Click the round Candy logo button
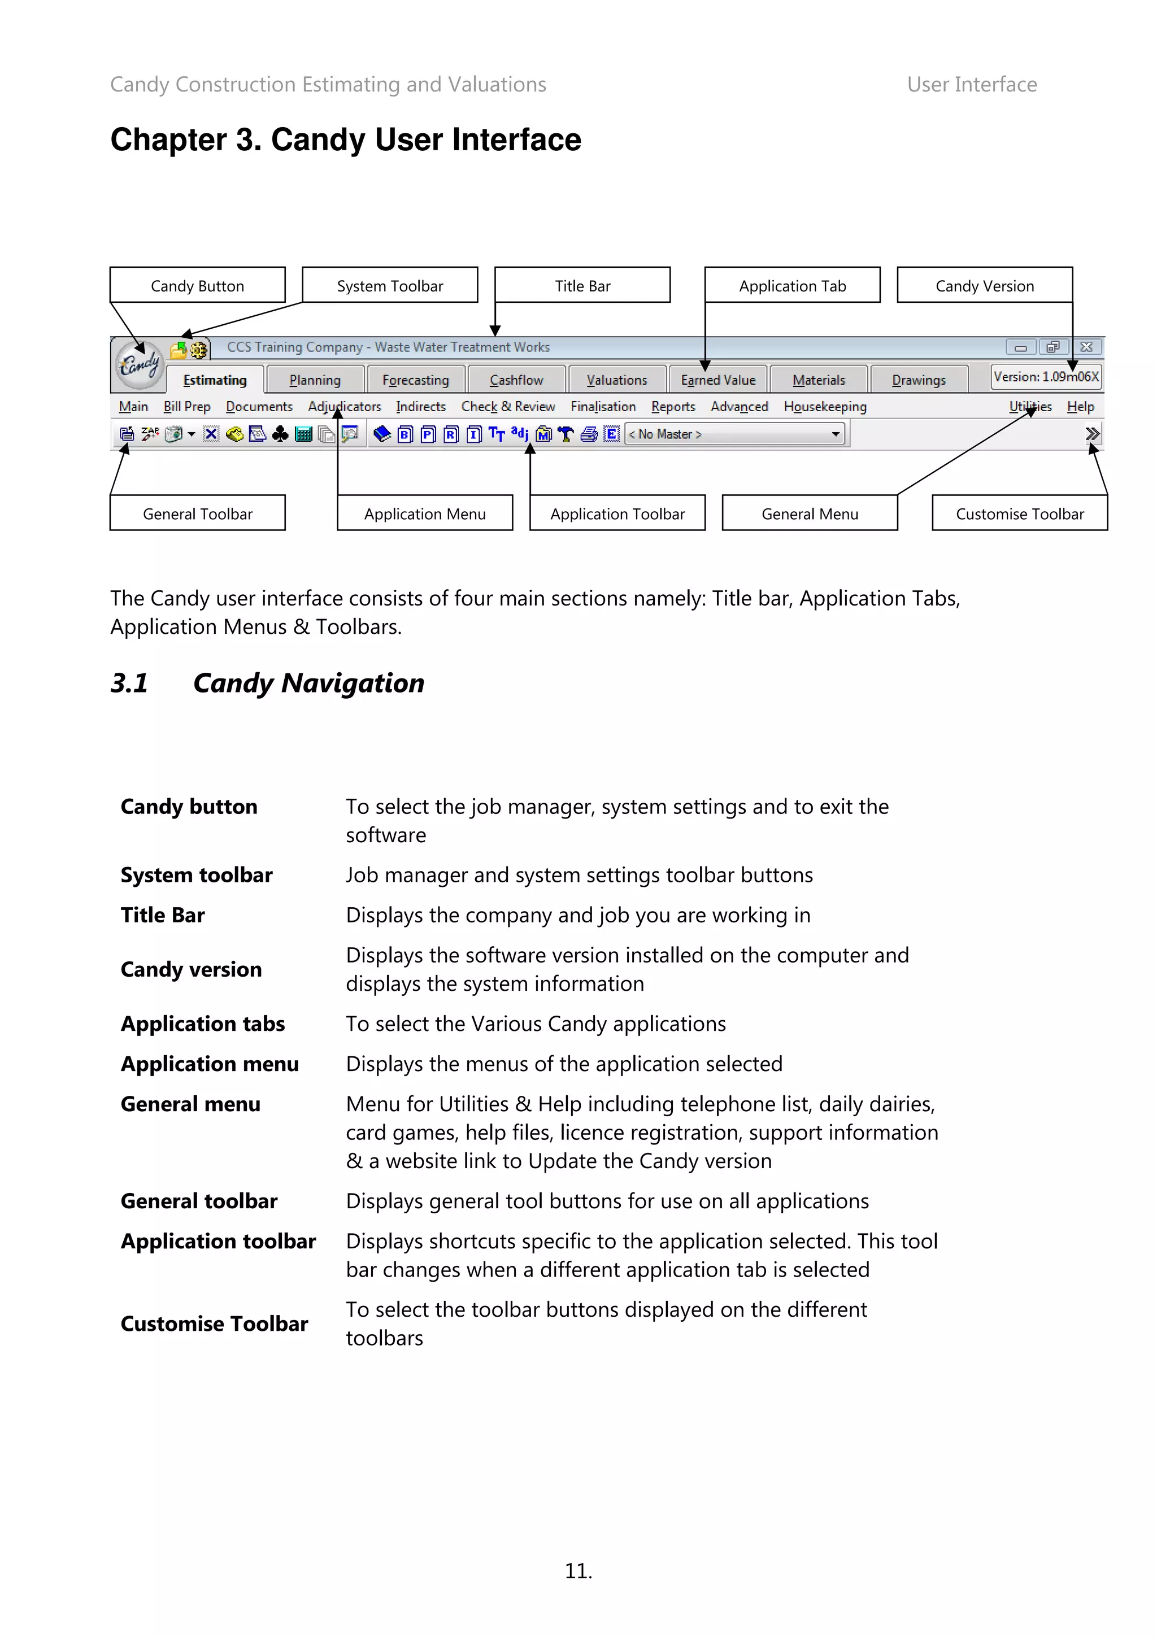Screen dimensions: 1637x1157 [139, 365]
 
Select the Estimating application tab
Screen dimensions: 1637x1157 [215, 380]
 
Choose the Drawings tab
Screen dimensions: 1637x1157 [918, 380]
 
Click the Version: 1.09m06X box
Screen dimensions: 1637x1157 [1045, 376]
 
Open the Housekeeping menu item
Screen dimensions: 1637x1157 [824, 406]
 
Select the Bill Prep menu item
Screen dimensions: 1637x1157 [187, 406]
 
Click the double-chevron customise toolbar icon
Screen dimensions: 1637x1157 [1091, 433]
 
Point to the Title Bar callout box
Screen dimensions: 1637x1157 [582, 285]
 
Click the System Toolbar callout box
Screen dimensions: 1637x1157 [390, 285]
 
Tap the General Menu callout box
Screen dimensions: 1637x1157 [809, 513]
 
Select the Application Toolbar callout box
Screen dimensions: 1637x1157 [617, 513]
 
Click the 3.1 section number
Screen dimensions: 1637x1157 [129, 683]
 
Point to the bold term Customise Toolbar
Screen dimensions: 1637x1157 [214, 1323]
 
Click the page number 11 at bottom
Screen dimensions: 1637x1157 [578, 1571]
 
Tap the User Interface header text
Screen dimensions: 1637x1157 [971, 84]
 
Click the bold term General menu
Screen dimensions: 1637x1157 [190, 1104]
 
